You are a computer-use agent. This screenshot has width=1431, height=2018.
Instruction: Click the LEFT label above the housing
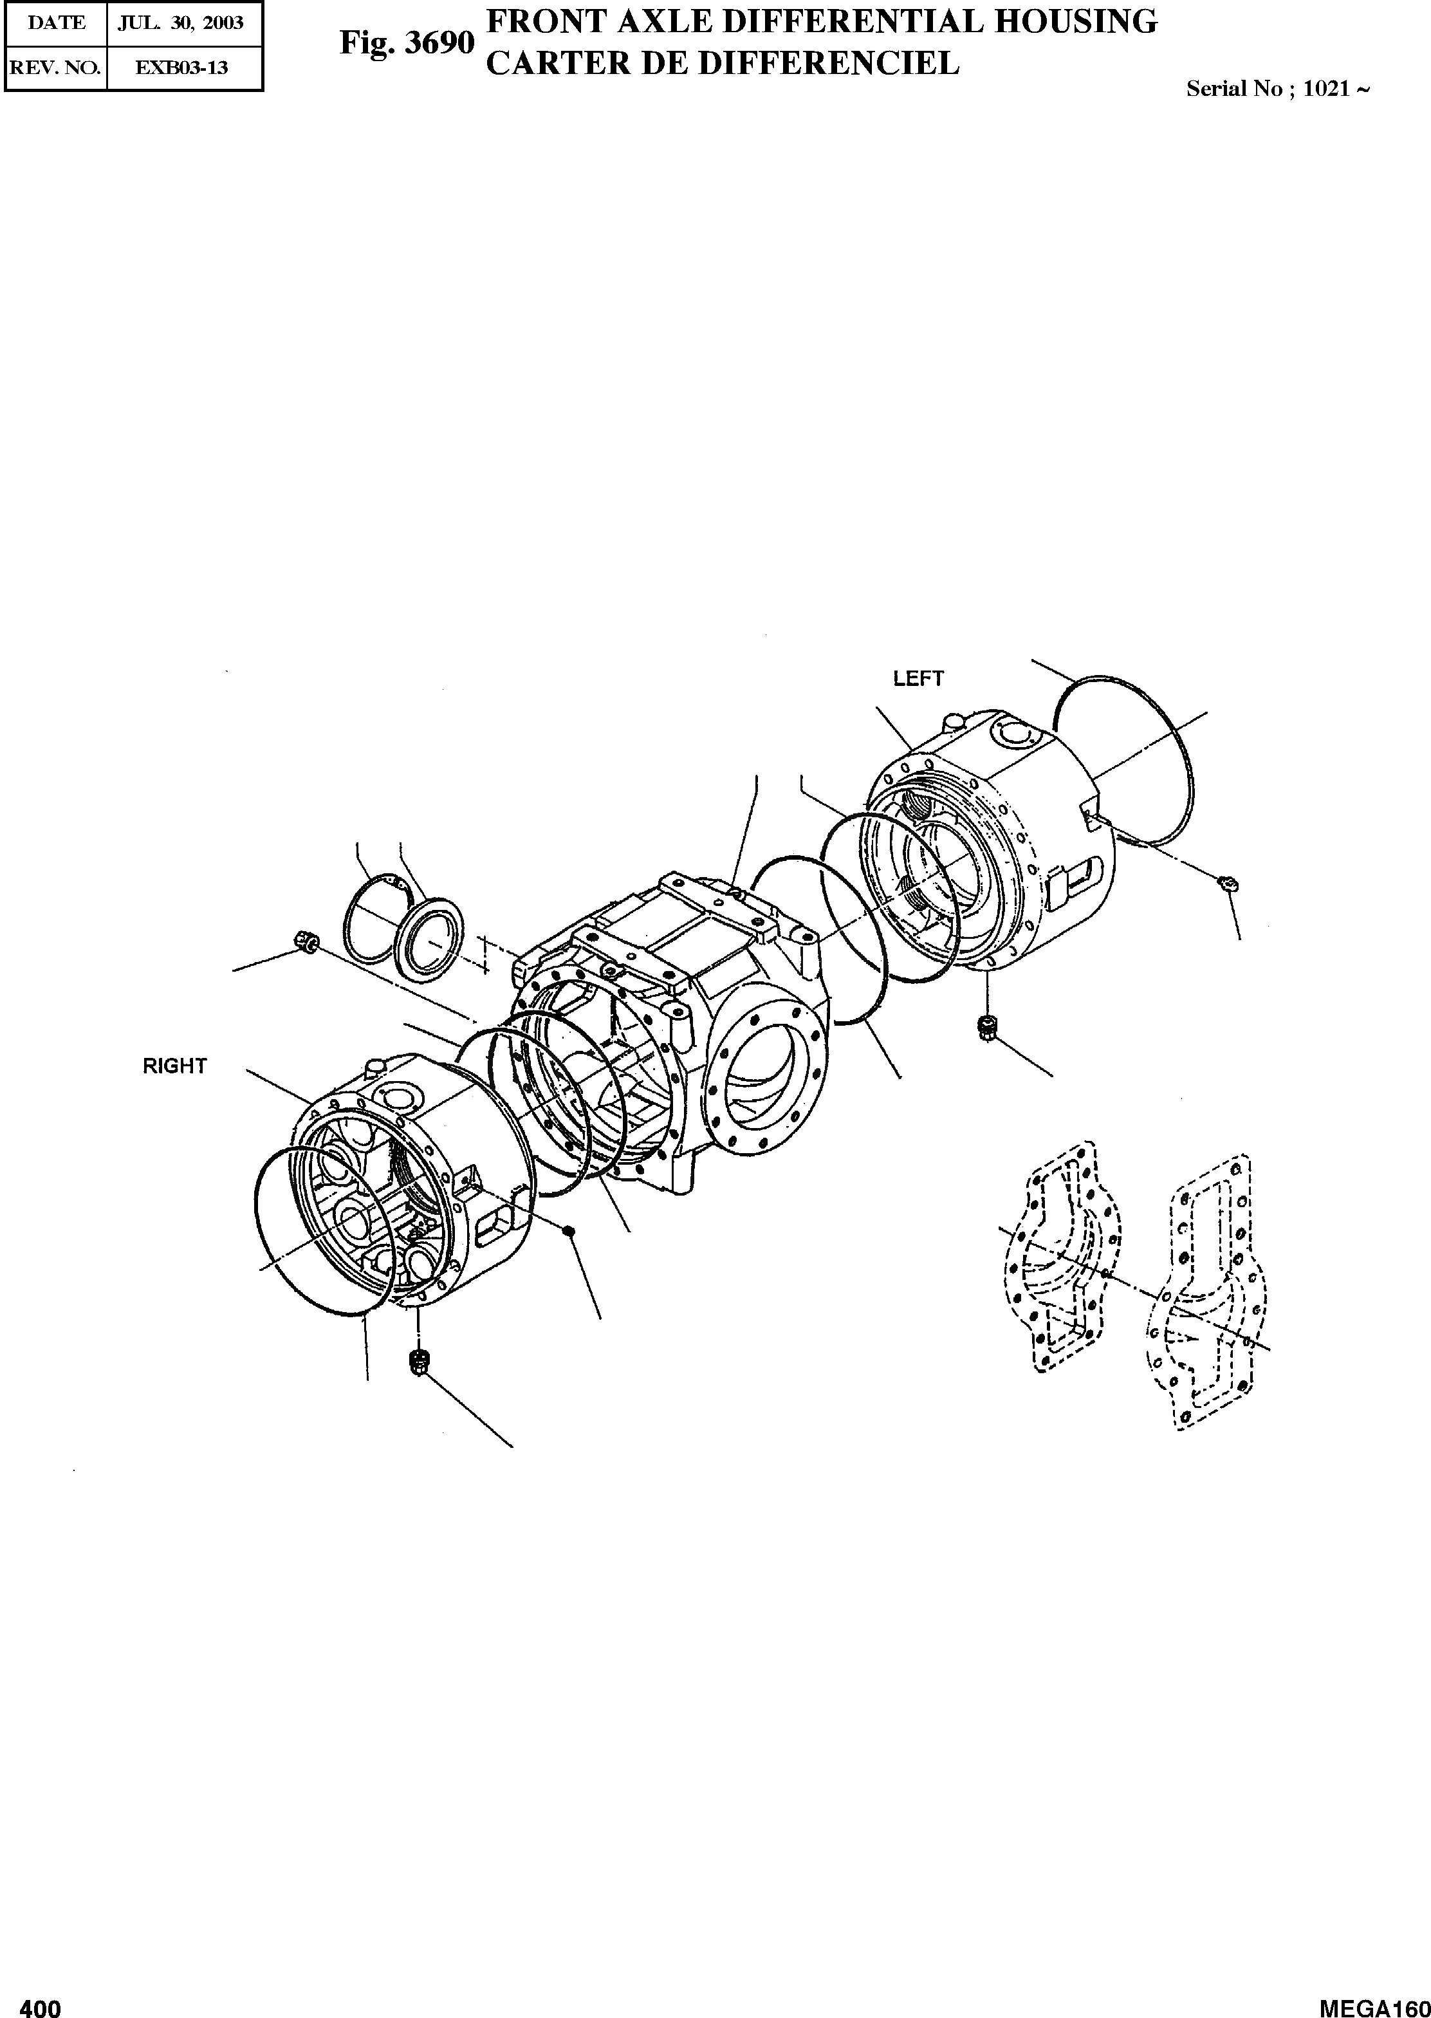(x=918, y=678)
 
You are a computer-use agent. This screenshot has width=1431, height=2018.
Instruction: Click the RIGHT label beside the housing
(x=174, y=1066)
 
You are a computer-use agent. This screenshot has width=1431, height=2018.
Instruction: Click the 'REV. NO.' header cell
(x=55, y=67)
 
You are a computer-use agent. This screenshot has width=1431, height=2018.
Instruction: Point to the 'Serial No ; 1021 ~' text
(x=1277, y=89)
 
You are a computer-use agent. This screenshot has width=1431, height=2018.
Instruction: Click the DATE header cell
(x=55, y=23)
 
